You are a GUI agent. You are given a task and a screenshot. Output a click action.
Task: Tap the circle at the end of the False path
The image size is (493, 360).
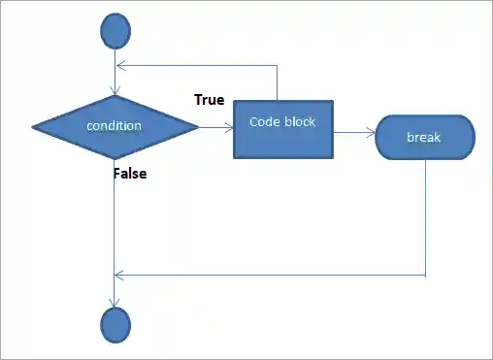coord(115,323)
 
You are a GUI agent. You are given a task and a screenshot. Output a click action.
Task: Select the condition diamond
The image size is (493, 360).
coord(115,126)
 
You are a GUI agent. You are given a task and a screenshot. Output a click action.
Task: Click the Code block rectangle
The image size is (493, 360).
coord(282,129)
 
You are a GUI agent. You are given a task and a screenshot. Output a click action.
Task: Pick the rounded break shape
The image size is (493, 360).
coord(424,137)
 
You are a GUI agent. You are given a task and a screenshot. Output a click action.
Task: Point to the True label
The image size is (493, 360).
coord(210,99)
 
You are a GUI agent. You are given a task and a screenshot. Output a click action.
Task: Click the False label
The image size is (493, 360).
coord(130,174)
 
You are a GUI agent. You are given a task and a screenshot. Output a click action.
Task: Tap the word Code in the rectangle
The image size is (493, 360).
coord(265,121)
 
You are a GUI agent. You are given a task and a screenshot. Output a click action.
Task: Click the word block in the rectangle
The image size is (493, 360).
coord(299,121)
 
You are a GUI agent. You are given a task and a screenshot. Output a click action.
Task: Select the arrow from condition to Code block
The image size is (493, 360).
coord(215,126)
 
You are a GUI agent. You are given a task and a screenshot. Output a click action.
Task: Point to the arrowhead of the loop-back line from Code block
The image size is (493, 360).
coord(119,66)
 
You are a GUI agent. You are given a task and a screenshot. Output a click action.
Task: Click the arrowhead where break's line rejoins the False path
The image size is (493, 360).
coord(119,275)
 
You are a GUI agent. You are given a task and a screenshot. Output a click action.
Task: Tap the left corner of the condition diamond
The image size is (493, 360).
coord(35,126)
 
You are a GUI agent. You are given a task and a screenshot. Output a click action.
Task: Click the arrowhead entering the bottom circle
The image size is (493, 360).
coord(115,303)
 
